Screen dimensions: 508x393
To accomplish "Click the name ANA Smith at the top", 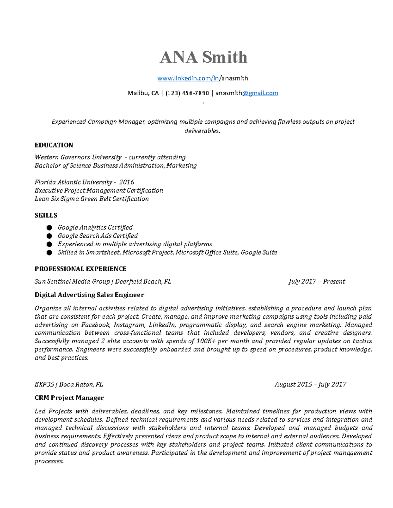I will pos(203,57).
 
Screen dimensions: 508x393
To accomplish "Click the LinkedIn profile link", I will pos(203,78).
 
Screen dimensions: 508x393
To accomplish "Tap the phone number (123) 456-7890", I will pos(187,93).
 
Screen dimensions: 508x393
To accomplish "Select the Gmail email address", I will pos(247,93).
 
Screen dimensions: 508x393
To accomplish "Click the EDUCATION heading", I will pos(54,145).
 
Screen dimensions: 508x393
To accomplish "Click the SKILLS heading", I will pos(46,215).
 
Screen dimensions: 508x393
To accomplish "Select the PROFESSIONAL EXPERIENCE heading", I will pos(81,269).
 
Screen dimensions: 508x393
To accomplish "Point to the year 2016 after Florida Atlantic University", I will pos(126,182).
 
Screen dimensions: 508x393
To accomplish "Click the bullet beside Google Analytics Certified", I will pos(49,228).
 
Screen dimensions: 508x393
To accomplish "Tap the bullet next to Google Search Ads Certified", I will pos(49,236).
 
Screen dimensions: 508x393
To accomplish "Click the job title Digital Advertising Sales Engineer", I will pos(89,295).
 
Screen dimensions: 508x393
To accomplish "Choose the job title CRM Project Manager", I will pos(69,398).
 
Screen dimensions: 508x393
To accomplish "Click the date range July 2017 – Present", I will pos(317,282).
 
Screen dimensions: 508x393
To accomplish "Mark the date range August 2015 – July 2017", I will pos(310,385).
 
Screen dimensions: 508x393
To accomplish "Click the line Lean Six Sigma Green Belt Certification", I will pos(92,199).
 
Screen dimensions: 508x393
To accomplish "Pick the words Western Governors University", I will pos(78,157).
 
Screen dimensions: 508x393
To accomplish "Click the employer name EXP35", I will pos(44,385).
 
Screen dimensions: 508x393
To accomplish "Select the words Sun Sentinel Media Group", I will pos(72,282).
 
